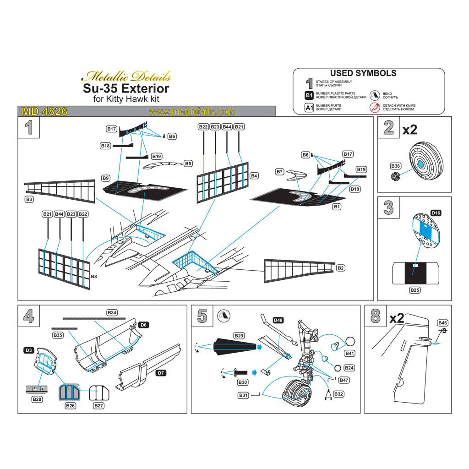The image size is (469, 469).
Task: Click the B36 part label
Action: click(396, 165)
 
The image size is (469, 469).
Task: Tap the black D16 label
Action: click(436, 213)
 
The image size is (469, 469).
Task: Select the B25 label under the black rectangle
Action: click(415, 290)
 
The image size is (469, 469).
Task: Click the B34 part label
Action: click(112, 312)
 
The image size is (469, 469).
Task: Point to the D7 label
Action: click(160, 373)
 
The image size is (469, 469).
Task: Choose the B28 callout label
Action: click(37, 399)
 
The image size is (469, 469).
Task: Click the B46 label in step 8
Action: click(442, 322)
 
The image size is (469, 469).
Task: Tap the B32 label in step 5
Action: click(339, 394)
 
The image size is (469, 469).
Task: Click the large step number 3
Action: click(388, 208)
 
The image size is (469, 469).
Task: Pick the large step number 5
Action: click(202, 316)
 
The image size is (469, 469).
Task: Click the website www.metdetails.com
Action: click(192, 112)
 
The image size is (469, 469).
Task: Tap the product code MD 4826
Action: click(45, 112)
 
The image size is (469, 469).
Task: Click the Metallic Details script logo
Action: click(129, 76)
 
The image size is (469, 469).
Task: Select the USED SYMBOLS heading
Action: click(363, 73)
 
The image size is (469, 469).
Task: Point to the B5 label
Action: click(188, 164)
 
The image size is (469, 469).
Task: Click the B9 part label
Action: click(106, 177)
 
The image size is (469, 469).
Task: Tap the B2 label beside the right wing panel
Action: click(341, 267)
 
